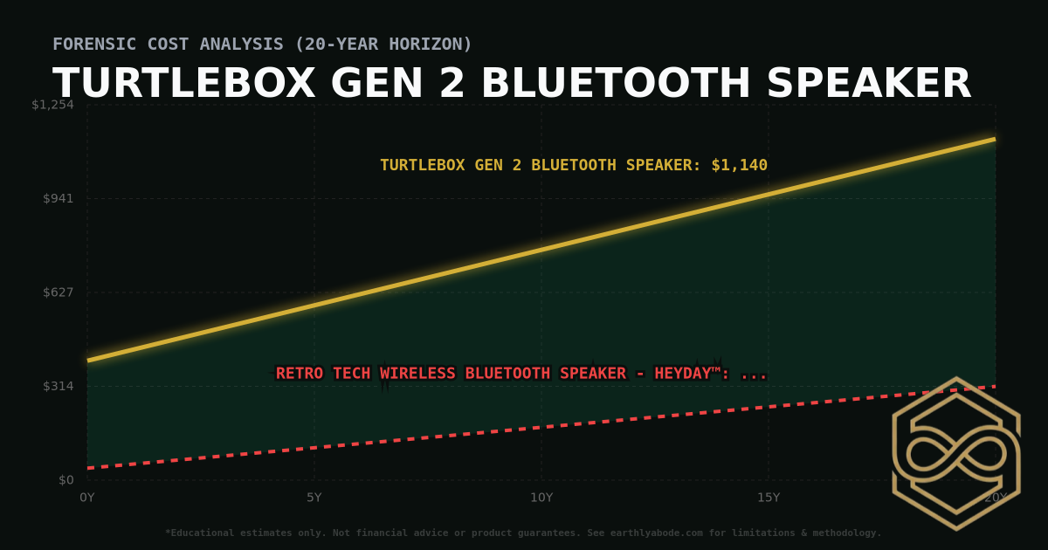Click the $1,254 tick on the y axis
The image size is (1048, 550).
click(x=52, y=105)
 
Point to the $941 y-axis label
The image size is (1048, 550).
click(x=58, y=198)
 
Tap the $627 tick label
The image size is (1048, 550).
click(x=58, y=292)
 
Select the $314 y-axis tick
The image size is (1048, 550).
click(x=58, y=386)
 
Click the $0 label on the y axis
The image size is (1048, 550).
click(x=65, y=479)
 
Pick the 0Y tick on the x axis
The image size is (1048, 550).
click(x=87, y=498)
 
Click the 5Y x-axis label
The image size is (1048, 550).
click(x=314, y=498)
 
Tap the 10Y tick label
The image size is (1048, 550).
click(x=541, y=498)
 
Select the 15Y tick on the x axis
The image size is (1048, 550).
click(x=769, y=498)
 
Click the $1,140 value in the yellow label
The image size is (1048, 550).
click(x=739, y=165)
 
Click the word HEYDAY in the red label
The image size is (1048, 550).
click(x=690, y=374)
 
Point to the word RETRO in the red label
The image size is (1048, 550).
click(x=299, y=374)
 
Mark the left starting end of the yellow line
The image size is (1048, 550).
click(x=89, y=360)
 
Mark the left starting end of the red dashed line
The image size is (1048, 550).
click(x=89, y=468)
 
